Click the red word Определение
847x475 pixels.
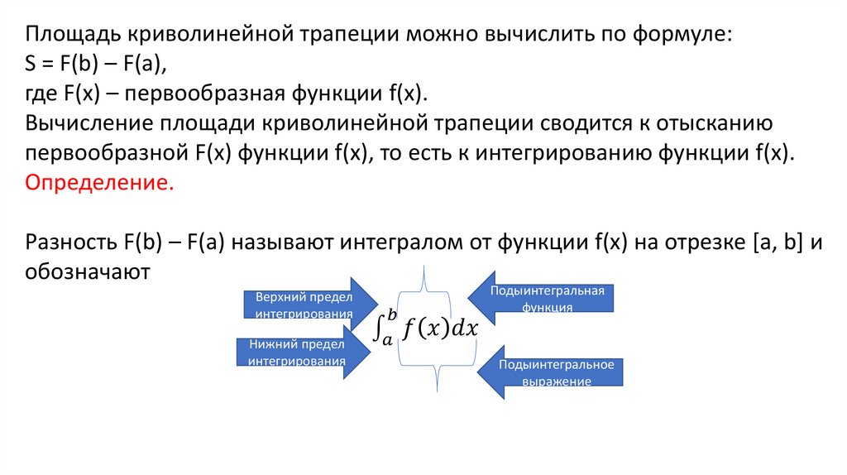point(100,182)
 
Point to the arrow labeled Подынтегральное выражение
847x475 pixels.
point(549,372)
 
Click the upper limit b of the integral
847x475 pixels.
point(392,314)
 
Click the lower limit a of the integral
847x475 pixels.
point(386,339)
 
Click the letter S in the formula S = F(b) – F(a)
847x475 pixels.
point(31,65)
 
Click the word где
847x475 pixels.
point(41,94)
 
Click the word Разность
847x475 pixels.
point(71,242)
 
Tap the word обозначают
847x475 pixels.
point(88,271)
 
